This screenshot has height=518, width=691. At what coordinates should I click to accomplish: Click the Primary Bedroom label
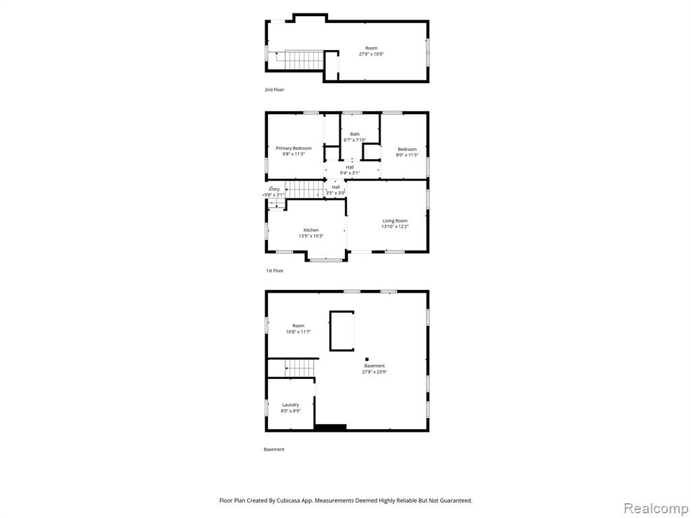click(x=294, y=148)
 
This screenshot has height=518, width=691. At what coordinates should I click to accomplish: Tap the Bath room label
click(x=355, y=134)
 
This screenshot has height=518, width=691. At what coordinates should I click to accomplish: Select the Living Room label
click(x=395, y=221)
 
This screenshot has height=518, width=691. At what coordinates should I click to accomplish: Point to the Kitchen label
click(x=310, y=230)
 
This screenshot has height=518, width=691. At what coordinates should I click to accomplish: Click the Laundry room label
click(x=290, y=405)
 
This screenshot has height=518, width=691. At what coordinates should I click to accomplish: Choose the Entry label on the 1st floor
click(x=274, y=189)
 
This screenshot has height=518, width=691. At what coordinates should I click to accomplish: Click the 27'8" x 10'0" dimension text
click(x=371, y=54)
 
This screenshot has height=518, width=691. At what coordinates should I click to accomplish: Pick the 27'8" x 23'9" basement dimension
click(x=375, y=372)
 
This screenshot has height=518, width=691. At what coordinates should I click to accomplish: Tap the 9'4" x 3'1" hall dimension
click(x=350, y=173)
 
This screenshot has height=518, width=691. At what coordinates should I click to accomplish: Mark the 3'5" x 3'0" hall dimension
click(x=335, y=193)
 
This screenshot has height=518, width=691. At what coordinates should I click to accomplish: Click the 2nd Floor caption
click(x=274, y=90)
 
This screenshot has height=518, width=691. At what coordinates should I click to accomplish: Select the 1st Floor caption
click(x=275, y=270)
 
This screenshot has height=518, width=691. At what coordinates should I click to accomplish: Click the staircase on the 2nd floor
click(x=298, y=60)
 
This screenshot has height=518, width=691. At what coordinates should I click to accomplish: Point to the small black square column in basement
click(x=366, y=359)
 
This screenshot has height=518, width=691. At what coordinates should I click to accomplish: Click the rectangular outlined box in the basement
click(x=342, y=330)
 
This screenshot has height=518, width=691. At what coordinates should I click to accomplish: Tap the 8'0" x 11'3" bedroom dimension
click(x=407, y=155)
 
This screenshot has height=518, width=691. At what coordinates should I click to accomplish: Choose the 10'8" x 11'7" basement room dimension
click(x=298, y=332)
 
